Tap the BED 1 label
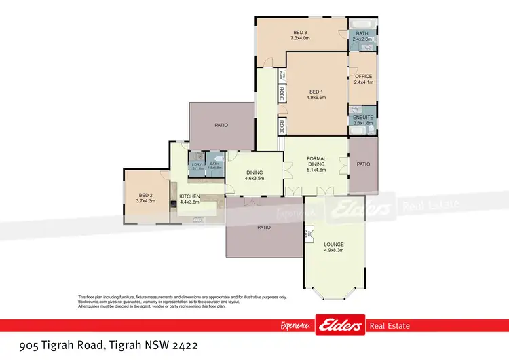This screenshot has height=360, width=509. pos(316,92)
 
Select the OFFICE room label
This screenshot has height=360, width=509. pos(363,76)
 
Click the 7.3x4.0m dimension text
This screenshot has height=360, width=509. pos(300,39)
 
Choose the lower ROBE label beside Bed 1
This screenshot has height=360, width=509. pos(280,125)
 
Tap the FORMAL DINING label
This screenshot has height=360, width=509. pos(316,161)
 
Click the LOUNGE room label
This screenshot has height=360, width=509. pos(333,244)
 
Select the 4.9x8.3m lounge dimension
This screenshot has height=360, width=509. pos(333,250)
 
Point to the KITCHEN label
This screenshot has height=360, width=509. pos(189,196)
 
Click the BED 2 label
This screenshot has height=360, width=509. pos(146,194)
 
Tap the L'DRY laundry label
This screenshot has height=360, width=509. pos(197,164)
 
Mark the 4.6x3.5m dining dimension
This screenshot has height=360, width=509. pos(254,178)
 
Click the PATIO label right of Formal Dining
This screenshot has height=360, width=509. pos(364,164)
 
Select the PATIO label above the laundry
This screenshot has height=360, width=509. pos(221,125)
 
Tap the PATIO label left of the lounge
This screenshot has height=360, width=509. pos(264,227)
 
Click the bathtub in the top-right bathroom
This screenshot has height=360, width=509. pos(361,23)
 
